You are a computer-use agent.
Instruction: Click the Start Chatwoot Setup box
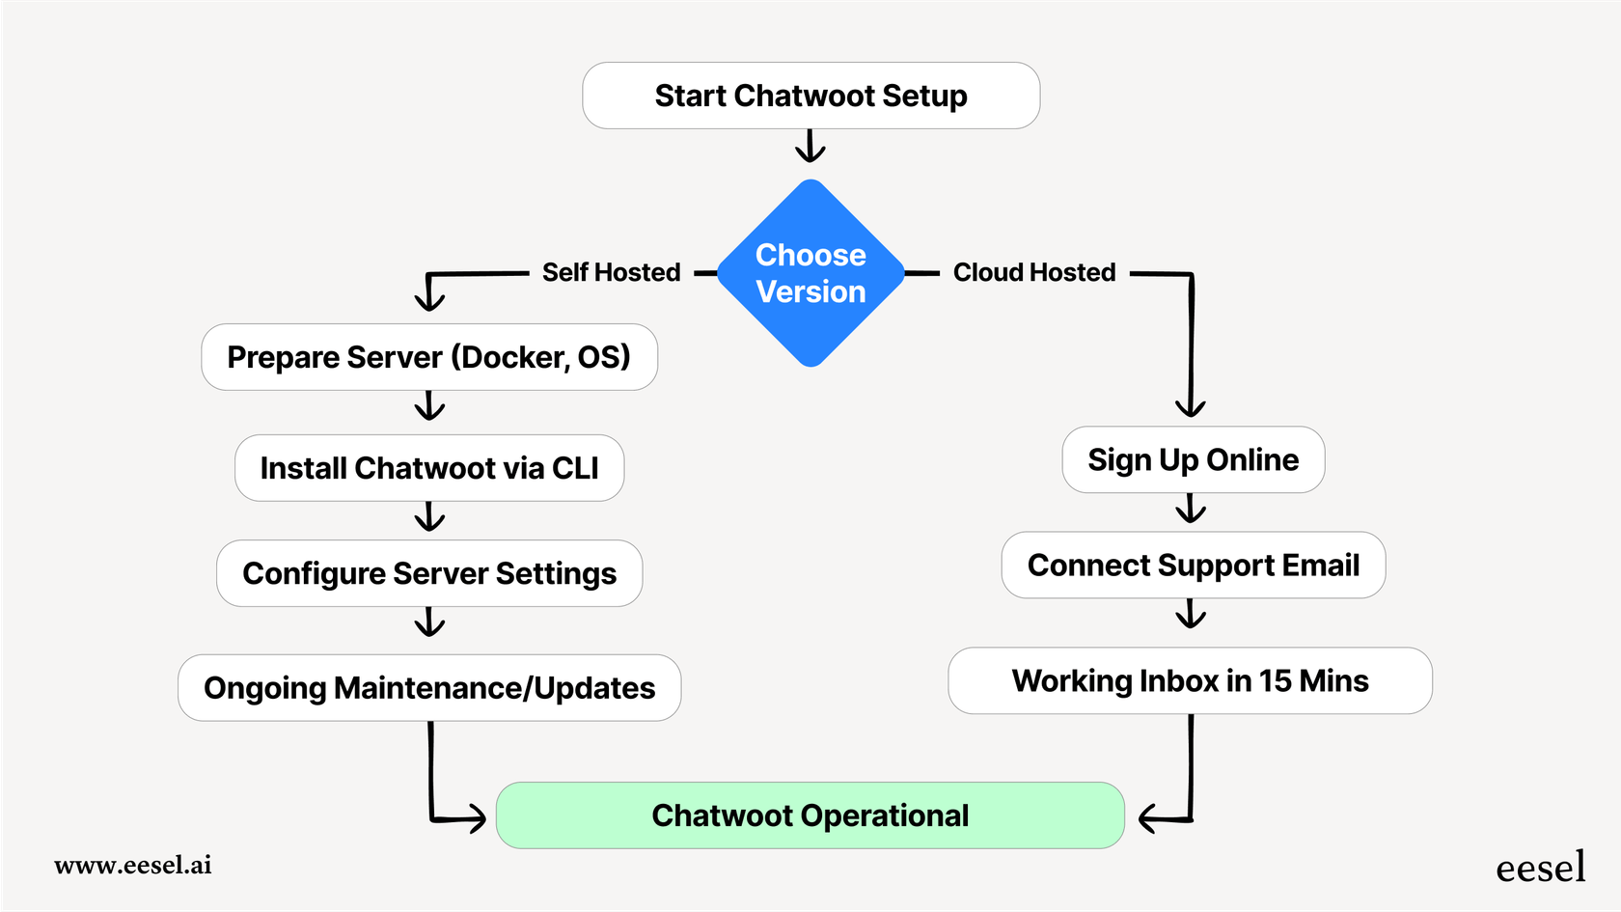pyautogui.click(x=810, y=96)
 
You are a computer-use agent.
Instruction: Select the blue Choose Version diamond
pyautogui.click(x=810, y=273)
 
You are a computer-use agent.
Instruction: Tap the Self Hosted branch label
pyautogui.click(x=611, y=272)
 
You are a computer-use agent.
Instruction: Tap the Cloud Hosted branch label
pyautogui.click(x=1033, y=272)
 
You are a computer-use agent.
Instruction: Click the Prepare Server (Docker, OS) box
pyautogui.click(x=428, y=357)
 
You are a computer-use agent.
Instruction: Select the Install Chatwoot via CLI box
pyautogui.click(x=428, y=468)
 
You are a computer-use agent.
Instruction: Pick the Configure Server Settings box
pyautogui.click(x=428, y=573)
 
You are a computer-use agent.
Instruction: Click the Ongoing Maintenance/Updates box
pyautogui.click(x=428, y=688)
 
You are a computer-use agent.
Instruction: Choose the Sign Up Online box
pyautogui.click(x=1193, y=459)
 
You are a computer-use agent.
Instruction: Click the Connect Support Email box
pyautogui.click(x=1193, y=565)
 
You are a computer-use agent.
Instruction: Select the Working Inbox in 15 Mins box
pyautogui.click(x=1189, y=680)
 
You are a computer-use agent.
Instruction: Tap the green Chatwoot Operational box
pyautogui.click(x=810, y=815)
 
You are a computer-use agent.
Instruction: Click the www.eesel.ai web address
pyautogui.click(x=133, y=865)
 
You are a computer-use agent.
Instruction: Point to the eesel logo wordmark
pyautogui.click(x=1540, y=868)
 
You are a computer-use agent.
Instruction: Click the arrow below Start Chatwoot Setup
pyautogui.click(x=810, y=148)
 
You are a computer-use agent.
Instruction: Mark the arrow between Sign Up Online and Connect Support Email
pyautogui.click(x=1192, y=509)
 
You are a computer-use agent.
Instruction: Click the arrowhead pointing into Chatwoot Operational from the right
pyautogui.click(x=1148, y=819)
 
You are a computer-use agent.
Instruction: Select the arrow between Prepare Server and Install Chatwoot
pyautogui.click(x=429, y=406)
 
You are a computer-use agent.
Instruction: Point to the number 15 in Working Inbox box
pyautogui.click(x=1275, y=680)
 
